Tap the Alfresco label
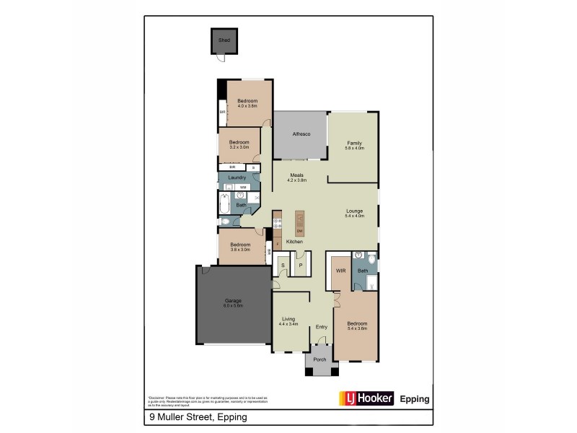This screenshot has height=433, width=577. pyautogui.click(x=301, y=134)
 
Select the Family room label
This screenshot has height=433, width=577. pyautogui.click(x=353, y=143)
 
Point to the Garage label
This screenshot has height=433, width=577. pyautogui.click(x=232, y=300)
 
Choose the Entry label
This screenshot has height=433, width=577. pyautogui.click(x=322, y=327)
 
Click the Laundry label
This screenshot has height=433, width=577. pyautogui.click(x=237, y=178)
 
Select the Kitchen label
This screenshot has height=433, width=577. pyautogui.click(x=294, y=241)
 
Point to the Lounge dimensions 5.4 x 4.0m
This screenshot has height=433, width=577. pyautogui.click(x=353, y=216)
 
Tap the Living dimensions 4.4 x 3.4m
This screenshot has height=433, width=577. pyautogui.click(x=288, y=324)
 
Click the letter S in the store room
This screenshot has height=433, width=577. pyautogui.click(x=283, y=266)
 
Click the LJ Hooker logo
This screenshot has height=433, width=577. pyautogui.click(x=366, y=398)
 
